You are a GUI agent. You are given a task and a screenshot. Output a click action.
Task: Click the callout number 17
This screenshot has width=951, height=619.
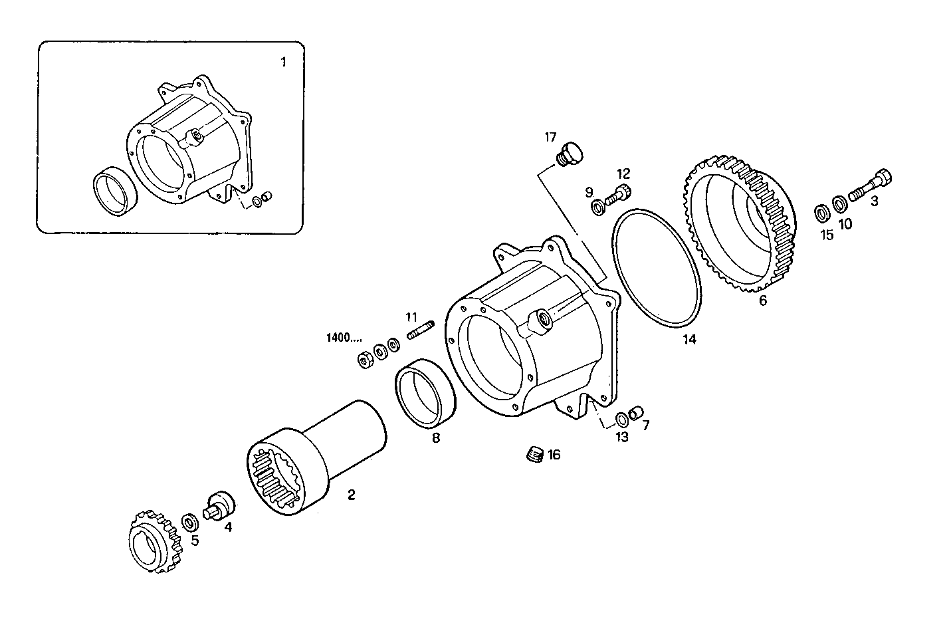550,138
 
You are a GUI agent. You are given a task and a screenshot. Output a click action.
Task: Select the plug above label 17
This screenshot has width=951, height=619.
568,152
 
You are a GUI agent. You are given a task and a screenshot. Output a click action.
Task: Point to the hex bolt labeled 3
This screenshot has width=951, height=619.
870,185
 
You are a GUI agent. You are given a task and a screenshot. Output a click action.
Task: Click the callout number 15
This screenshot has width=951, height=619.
826,235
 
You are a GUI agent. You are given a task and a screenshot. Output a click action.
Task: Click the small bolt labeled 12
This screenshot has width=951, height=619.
619,193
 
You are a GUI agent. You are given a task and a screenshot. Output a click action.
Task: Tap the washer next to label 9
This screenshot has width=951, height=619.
598,207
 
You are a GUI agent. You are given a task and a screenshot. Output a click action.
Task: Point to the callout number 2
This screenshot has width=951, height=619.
351,494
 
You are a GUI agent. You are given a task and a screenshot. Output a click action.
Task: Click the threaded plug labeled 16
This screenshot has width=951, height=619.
535,455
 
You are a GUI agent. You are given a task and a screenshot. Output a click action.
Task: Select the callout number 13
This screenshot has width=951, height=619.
621,437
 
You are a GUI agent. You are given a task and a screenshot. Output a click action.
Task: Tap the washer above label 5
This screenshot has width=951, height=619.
189,519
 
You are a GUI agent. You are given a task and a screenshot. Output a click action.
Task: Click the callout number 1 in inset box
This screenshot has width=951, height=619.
283,62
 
